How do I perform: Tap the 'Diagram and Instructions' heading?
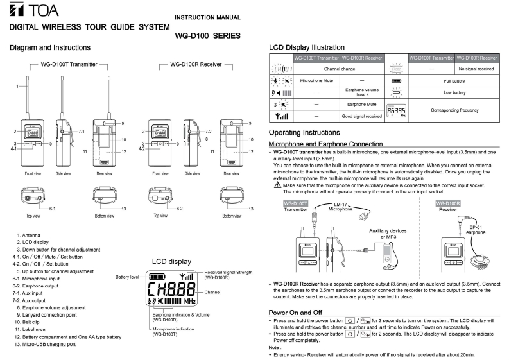50,48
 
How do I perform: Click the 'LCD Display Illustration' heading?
306,47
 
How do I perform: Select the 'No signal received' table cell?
476,68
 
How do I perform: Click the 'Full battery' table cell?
453,81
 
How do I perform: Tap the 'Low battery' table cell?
453,93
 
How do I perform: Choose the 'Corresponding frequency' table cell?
453,110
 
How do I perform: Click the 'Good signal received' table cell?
361,117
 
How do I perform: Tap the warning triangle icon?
277,185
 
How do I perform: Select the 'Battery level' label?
126,277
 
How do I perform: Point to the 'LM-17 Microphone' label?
340,207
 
